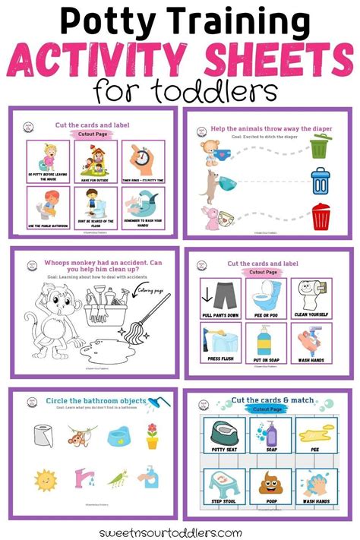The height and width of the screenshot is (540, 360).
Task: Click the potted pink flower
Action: (152, 435)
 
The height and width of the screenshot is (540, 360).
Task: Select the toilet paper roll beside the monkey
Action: (43, 436)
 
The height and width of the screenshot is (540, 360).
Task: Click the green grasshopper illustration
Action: (115, 478)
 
